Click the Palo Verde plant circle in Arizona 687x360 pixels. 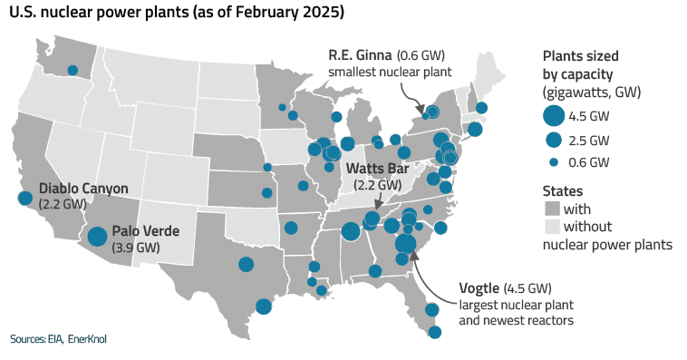click(x=97, y=237)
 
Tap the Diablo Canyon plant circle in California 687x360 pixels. click(x=25, y=198)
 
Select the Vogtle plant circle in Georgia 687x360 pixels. click(x=405, y=243)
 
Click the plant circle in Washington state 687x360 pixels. click(x=72, y=69)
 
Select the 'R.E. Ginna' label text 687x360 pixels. click(x=360, y=55)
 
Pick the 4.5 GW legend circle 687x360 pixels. click(x=553, y=116)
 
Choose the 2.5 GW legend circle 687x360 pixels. click(x=553, y=140)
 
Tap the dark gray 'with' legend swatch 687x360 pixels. click(x=550, y=209)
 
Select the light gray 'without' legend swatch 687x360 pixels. click(x=550, y=226)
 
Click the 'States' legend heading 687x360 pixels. click(x=562, y=191)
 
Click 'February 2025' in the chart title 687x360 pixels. click(x=295, y=14)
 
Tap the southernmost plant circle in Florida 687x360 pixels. click(x=435, y=332)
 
